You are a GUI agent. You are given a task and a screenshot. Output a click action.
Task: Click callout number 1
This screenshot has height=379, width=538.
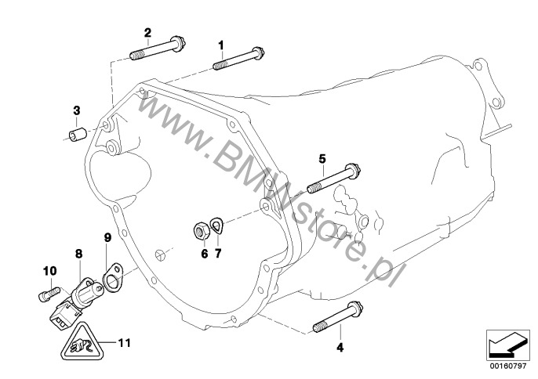(x=221, y=45)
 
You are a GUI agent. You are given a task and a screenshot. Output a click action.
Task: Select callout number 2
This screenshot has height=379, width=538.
(x=147, y=33)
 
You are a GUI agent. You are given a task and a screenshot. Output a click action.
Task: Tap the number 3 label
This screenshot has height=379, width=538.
(x=77, y=110)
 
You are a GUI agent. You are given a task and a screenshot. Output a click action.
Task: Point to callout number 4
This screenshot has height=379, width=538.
(x=340, y=348)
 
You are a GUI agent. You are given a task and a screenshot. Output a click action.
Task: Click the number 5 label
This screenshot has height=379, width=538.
(x=322, y=159)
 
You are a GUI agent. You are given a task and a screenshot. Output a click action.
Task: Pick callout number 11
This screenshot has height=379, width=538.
(x=124, y=343)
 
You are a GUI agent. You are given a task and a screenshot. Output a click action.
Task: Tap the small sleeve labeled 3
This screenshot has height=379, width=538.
(x=78, y=134)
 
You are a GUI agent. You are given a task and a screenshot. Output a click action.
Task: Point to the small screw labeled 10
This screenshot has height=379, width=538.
(x=49, y=294)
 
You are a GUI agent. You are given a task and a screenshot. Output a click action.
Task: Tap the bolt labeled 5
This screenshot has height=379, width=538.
(x=333, y=178)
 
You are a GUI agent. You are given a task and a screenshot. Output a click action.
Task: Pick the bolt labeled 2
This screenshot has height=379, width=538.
(x=158, y=49)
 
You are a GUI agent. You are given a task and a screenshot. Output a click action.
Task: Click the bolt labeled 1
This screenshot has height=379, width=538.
(x=238, y=58)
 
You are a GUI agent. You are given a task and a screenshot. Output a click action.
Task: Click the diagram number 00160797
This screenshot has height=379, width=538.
(x=507, y=366)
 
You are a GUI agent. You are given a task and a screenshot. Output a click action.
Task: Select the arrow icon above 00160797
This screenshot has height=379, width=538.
(x=506, y=345)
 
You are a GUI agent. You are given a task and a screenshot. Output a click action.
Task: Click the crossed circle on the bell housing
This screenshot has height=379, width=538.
(x=160, y=255)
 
